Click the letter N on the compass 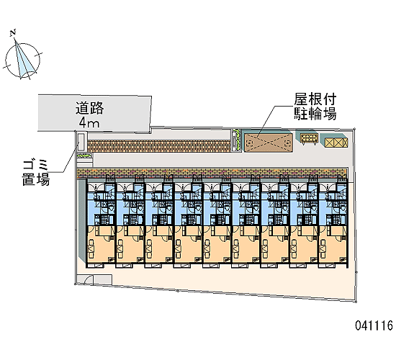(14, 32)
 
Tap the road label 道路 (90, 108)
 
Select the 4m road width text (89, 123)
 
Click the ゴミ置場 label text (35, 173)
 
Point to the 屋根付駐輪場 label (315, 107)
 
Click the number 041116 (374, 325)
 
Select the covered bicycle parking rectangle (269, 143)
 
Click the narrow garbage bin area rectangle (81, 142)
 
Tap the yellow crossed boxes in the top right (336, 143)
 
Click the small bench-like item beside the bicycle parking (309, 139)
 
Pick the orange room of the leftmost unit (101, 245)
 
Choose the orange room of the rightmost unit (333, 245)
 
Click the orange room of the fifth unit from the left (217, 245)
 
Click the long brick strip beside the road (159, 145)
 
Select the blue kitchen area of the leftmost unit (101, 204)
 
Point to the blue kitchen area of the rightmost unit (333, 204)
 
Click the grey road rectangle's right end (150, 114)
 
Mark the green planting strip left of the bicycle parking (237, 140)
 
